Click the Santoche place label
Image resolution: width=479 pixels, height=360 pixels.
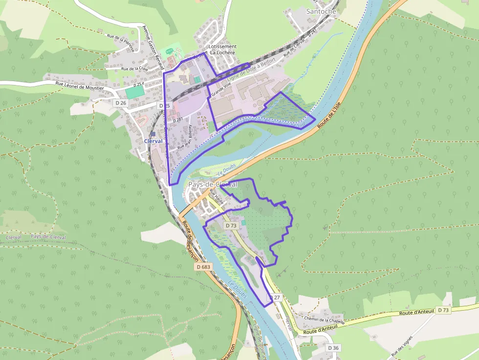[321, 11]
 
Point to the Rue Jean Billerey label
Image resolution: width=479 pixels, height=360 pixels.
[185, 137]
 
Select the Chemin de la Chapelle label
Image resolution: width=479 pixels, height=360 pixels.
[325, 320]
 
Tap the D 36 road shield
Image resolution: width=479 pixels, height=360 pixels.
[333, 348]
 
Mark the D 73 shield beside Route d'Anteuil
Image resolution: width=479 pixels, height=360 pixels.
[443, 310]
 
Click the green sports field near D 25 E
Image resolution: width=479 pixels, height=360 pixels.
[134, 91]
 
